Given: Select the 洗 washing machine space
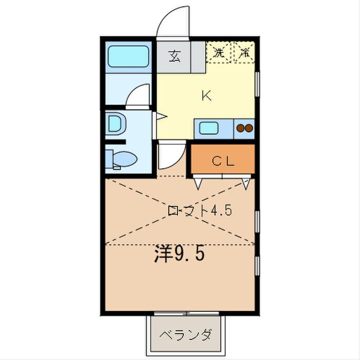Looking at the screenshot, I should point(219,52).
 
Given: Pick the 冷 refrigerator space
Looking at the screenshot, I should point(245,52).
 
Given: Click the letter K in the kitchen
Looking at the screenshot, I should point(206,95).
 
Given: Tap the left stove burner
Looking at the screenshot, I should point(240,129).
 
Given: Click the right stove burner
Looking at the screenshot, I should point(249,129).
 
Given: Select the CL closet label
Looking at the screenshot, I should point(223,160).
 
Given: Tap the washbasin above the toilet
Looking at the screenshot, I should point(115,124).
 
